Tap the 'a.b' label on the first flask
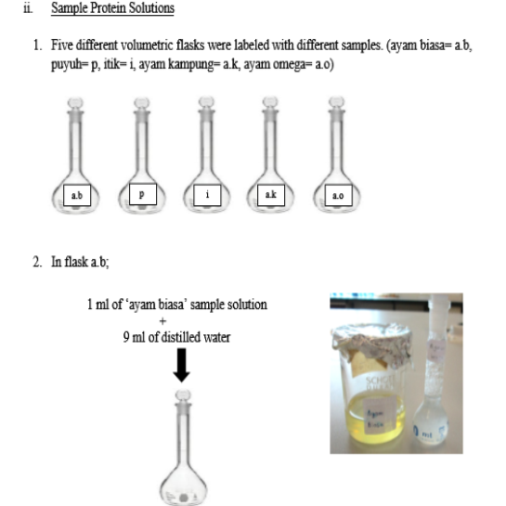click(x=75, y=196)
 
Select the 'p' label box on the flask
click(x=140, y=196)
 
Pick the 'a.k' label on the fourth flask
click(x=269, y=196)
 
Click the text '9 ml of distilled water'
click(x=176, y=337)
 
